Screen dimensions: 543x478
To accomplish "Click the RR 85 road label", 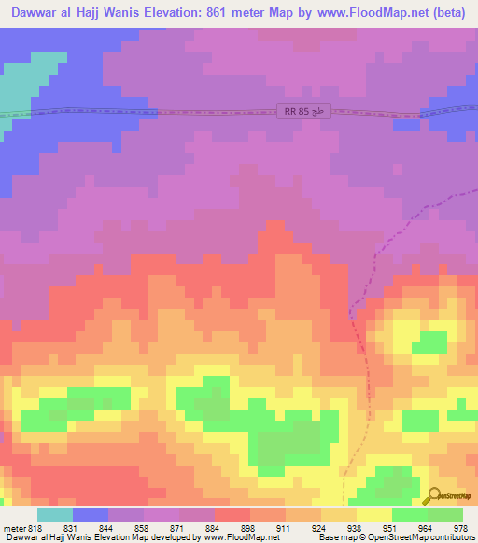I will (304, 111).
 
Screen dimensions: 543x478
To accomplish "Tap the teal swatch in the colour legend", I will (54, 514).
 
